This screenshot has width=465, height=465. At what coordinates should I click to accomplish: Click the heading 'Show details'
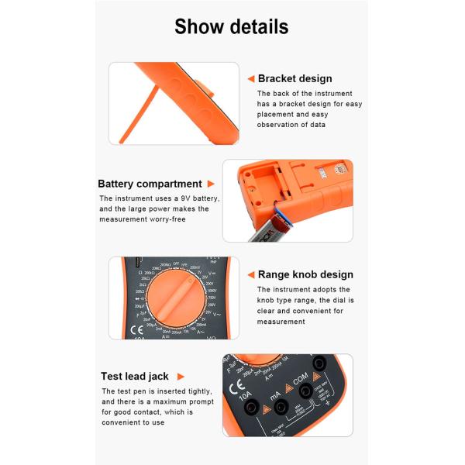click(x=232, y=26)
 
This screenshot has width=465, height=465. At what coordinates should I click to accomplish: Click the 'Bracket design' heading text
click(x=294, y=78)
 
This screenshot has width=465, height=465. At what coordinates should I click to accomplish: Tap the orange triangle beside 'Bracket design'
click(x=250, y=78)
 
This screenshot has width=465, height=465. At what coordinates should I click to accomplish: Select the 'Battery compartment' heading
click(x=150, y=184)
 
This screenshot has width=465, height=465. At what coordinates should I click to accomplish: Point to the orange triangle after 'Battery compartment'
click(x=210, y=184)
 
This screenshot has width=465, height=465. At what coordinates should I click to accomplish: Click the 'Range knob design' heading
click(x=305, y=274)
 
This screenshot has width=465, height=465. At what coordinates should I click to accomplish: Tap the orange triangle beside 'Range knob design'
click(x=250, y=274)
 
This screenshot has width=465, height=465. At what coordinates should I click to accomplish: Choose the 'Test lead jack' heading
click(x=134, y=377)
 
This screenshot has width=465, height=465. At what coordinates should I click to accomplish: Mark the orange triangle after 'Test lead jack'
click(x=181, y=377)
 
